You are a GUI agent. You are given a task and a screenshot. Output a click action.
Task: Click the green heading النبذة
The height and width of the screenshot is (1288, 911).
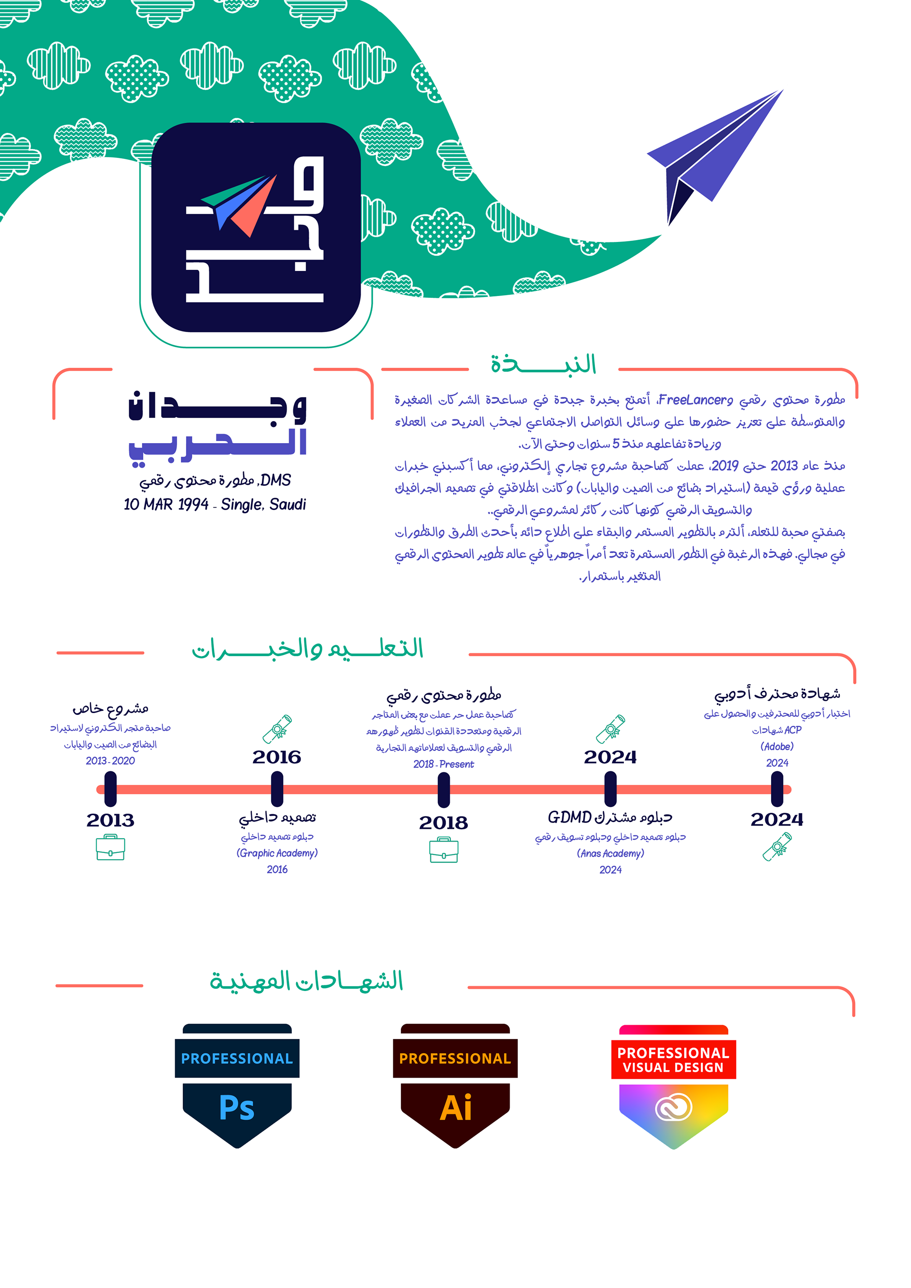tap(543, 365)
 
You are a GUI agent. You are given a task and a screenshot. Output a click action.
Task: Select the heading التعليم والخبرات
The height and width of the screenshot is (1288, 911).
tap(307, 649)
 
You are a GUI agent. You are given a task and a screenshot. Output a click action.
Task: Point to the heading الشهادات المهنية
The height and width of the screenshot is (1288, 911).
tap(307, 981)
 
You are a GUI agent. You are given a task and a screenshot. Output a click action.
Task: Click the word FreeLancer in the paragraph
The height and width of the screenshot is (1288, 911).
tap(696, 400)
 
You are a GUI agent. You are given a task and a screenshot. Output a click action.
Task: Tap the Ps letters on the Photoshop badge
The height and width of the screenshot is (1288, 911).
tap(237, 1108)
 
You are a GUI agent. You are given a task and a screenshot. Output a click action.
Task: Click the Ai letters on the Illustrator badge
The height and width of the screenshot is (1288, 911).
tap(455, 1108)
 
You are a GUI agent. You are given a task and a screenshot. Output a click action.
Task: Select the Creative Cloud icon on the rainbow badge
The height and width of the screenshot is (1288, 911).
tap(673, 1107)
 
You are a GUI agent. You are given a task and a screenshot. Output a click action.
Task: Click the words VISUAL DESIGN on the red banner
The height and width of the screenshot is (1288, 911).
tap(673, 1067)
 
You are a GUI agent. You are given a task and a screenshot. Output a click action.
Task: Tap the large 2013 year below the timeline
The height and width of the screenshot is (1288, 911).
tap(111, 820)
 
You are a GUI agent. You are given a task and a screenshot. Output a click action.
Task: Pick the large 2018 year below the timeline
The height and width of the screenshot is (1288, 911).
tap(443, 823)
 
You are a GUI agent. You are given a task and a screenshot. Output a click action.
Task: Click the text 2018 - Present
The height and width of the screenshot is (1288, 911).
tap(443, 764)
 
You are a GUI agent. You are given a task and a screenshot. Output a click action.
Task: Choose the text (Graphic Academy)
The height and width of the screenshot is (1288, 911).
tap(277, 852)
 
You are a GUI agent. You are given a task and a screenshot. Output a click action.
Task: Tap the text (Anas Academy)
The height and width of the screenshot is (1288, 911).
tap(610, 853)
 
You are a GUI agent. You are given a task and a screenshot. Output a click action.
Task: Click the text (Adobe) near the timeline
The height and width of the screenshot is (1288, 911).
tap(777, 746)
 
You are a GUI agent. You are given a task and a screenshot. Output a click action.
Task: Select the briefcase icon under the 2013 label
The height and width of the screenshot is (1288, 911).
tap(111, 847)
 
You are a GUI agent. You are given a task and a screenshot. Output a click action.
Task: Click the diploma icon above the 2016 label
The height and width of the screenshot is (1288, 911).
tap(277, 729)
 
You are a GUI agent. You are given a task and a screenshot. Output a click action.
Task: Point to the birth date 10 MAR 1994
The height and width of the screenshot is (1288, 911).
tap(166, 504)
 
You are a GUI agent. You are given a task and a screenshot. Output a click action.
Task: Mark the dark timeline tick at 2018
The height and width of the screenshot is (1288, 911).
tap(444, 789)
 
